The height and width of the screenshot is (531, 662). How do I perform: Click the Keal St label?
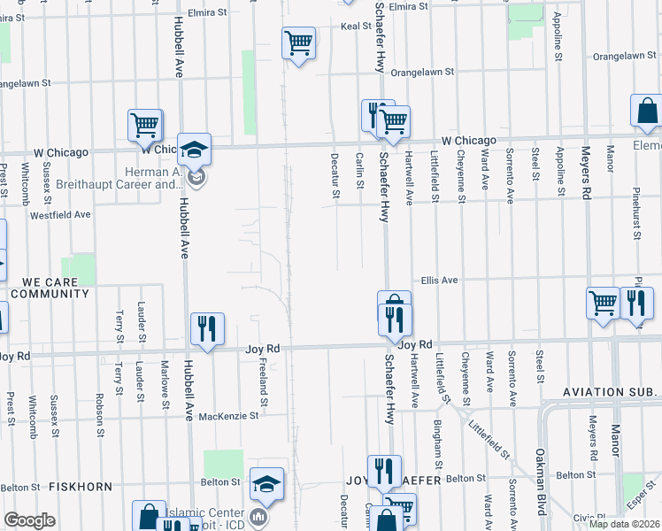[x=355, y=27]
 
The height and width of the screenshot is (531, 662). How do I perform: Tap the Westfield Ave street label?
[x=60, y=214]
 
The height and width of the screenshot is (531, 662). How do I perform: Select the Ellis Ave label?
[x=439, y=280]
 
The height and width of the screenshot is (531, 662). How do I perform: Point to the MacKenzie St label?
[x=227, y=414]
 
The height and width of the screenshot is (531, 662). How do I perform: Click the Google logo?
[x=30, y=520]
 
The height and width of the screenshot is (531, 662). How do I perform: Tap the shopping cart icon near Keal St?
[x=298, y=42]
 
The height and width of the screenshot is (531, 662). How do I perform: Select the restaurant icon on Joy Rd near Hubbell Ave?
[x=207, y=328]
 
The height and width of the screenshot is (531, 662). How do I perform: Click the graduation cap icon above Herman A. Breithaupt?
[x=194, y=148]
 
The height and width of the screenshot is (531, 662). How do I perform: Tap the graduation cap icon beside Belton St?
[x=266, y=483]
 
